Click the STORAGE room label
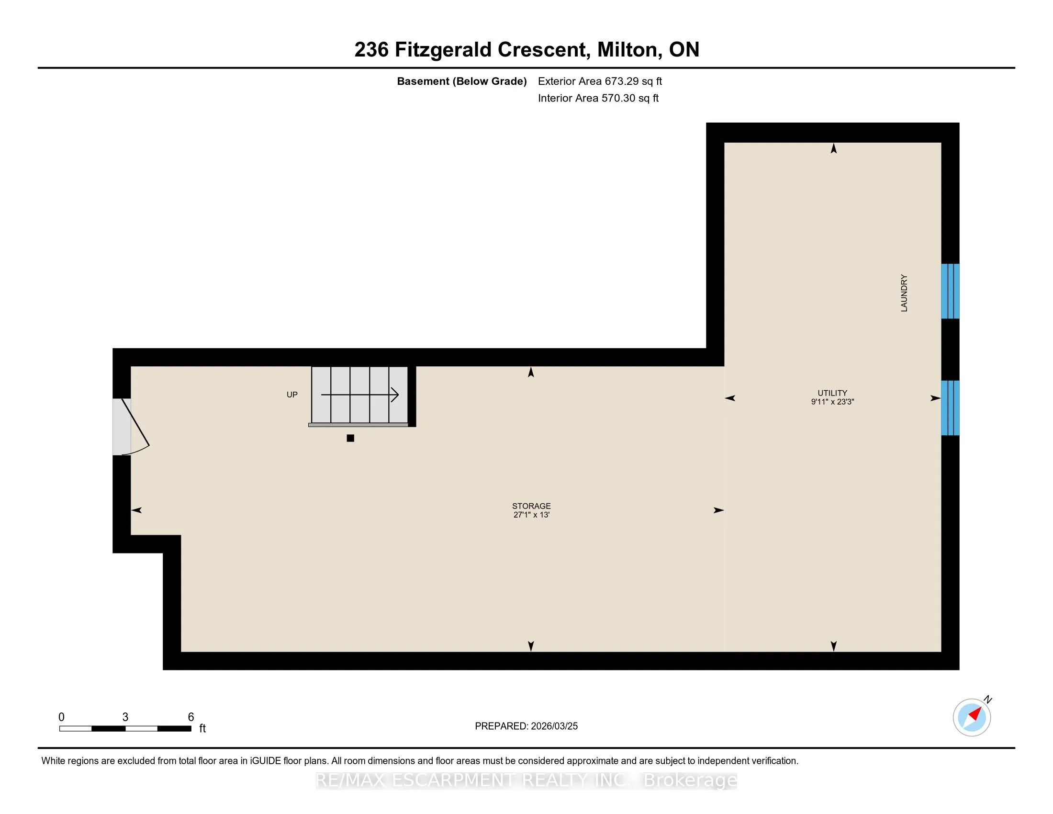click(531, 506)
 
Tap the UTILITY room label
click(832, 393)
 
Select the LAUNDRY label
click(904, 293)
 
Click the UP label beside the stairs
click(292, 395)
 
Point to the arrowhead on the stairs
click(395, 395)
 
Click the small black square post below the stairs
click(350, 438)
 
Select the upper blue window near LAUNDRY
click(950, 291)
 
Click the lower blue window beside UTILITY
click(950, 408)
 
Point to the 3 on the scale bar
click(125, 717)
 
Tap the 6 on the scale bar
click(191, 717)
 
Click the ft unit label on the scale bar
click(202, 728)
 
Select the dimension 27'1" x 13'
click(531, 515)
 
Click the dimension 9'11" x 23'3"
click(832, 402)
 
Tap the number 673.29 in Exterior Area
click(620, 81)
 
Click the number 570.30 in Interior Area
click(616, 98)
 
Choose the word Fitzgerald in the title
click(444, 50)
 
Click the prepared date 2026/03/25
click(554, 726)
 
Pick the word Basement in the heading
click(422, 81)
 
